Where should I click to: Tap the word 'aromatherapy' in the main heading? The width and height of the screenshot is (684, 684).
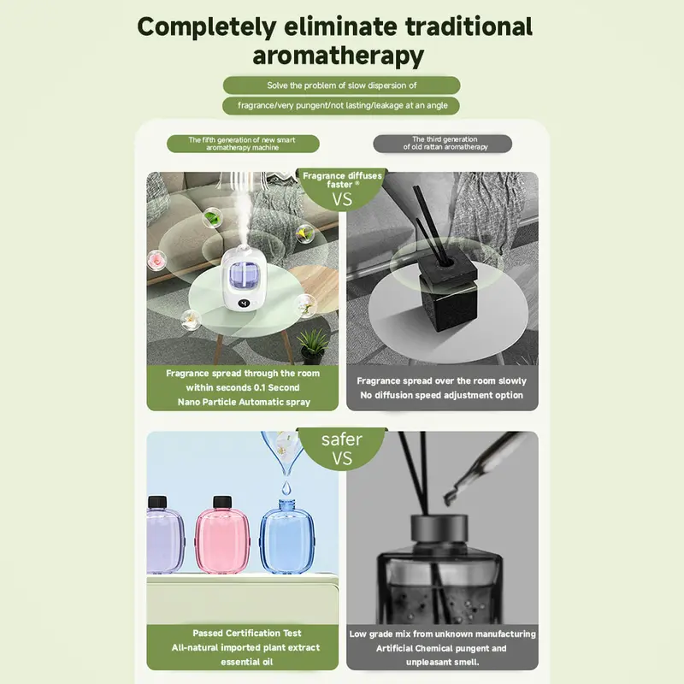339,56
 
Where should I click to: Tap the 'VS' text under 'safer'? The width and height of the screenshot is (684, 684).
343,459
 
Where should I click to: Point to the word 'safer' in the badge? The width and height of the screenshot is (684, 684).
342,439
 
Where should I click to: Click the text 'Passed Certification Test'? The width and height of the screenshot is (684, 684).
247,634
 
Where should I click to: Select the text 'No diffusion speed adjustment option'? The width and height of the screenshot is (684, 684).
442,396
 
